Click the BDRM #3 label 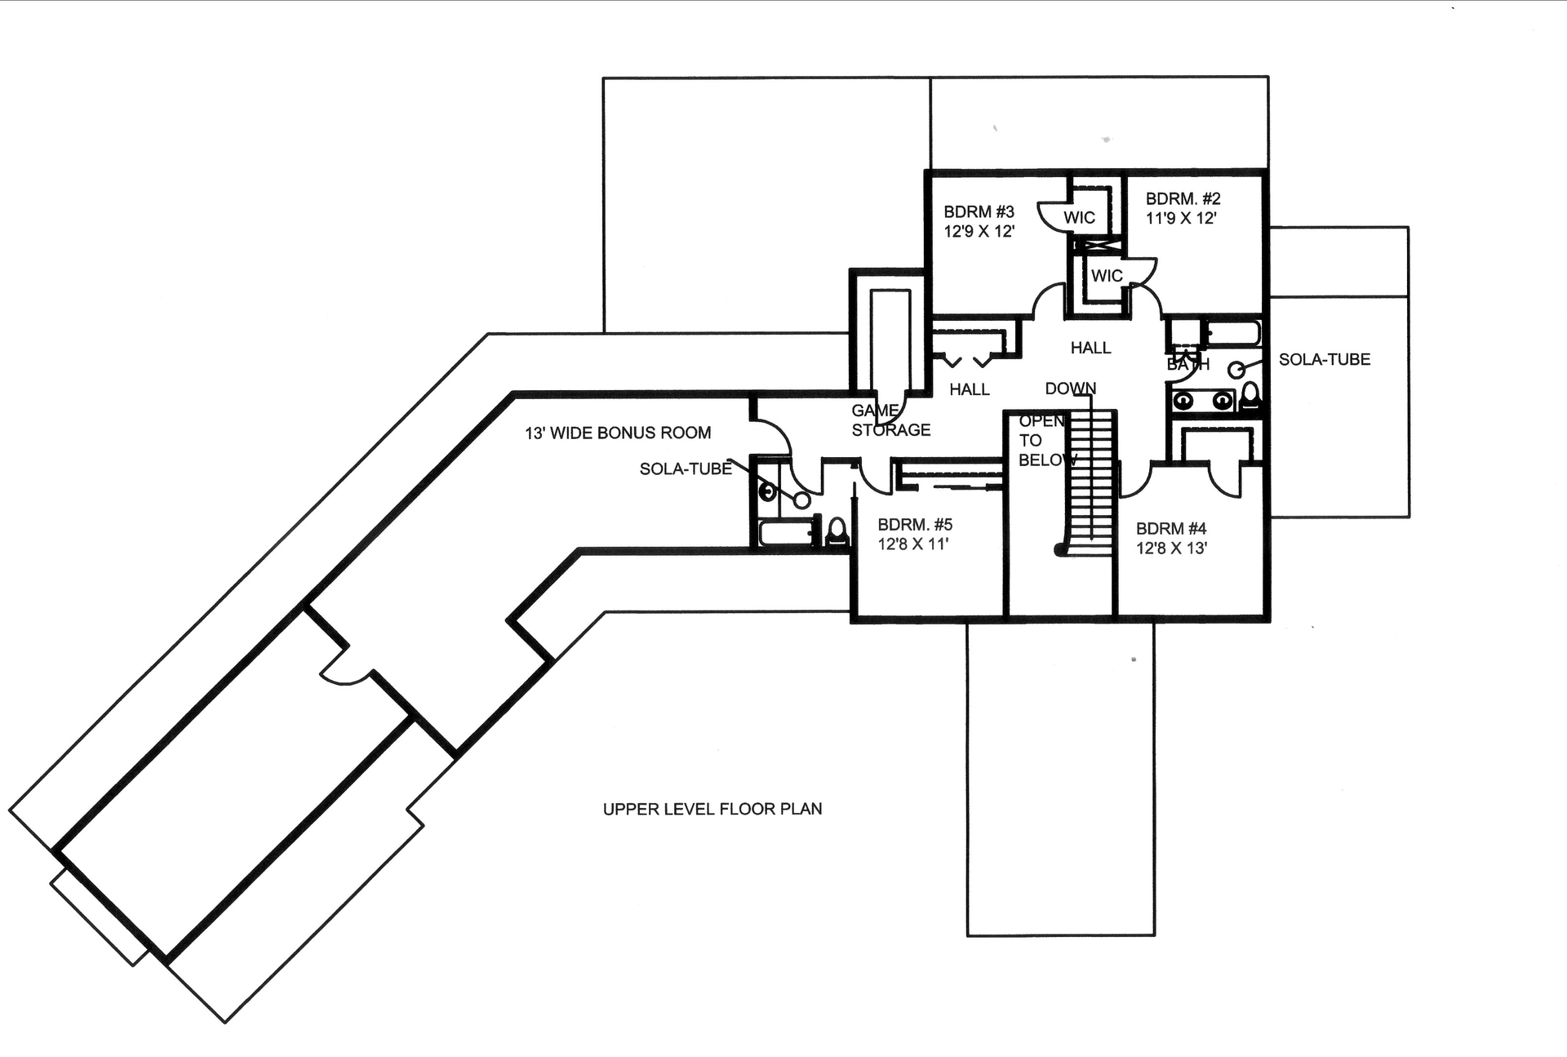pos(979,212)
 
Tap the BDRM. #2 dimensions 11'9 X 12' pos(1181,219)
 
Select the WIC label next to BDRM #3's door pos(1079,218)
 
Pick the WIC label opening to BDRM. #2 pos(1107,276)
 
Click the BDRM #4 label pos(1170,529)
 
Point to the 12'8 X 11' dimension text pos(912,544)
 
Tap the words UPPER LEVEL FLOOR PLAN pos(712,809)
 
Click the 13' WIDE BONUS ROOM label pos(617,433)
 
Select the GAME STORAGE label pos(890,420)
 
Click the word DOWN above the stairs pos(1070,389)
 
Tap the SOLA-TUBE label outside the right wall pos(1324,359)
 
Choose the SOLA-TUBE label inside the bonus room pos(686,469)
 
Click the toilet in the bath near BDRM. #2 pos(1250,397)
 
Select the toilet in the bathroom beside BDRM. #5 pos(837,531)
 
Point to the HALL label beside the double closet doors pos(969,389)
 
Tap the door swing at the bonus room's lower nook pos(347,673)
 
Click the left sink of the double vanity pos(1183,401)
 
